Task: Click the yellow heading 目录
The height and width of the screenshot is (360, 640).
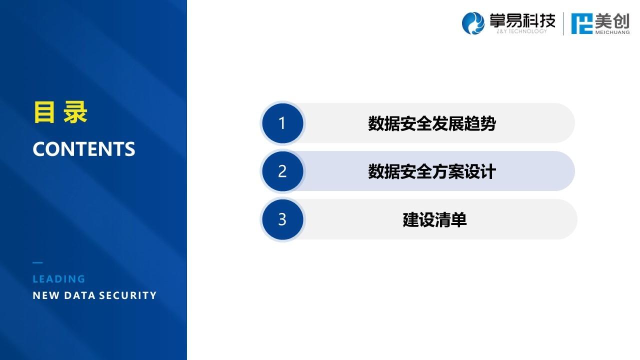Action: pos(60,112)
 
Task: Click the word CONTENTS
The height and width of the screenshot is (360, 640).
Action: pos(83,149)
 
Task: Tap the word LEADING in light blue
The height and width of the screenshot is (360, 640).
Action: pos(59,279)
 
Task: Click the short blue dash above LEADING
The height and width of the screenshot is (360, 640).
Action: pos(37,262)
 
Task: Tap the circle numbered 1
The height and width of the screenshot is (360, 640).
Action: pos(282,123)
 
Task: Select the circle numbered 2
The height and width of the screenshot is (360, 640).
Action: pos(282,171)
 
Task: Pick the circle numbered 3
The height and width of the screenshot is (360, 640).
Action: pos(282,219)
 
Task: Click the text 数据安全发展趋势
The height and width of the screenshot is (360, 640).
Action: pos(431,123)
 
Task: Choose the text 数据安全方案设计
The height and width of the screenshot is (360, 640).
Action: pos(431,171)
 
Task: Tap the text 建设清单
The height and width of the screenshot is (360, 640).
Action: pos(434,219)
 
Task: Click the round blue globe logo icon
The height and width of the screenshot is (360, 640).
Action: pos(473,23)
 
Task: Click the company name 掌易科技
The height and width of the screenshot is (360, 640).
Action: pos(522,20)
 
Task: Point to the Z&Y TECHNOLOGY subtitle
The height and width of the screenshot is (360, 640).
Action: pos(521,31)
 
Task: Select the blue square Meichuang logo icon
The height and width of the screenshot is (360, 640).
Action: pos(581,23)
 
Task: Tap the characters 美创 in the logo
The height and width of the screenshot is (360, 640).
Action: pos(612,21)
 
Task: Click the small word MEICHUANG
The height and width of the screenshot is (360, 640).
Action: pos(612,32)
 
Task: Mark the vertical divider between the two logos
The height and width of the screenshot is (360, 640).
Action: pos(563,23)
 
